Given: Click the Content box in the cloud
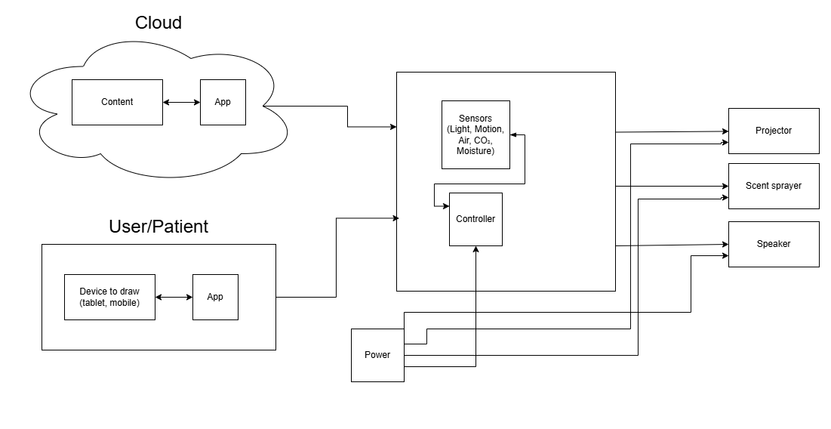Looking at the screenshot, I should coord(117,102).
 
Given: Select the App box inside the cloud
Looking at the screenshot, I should coord(223,102).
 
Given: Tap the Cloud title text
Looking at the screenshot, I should coord(159,23).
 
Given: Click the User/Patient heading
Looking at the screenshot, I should coord(159,226).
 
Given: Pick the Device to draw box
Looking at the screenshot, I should coord(109,297).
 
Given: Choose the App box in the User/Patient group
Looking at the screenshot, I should coord(215,297).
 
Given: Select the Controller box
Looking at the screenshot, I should coord(476,219).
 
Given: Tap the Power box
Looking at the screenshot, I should coord(377,355).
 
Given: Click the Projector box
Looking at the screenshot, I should coord(774,131).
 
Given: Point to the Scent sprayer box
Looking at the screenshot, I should coord(774,186).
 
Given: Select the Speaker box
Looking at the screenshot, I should coord(774,244).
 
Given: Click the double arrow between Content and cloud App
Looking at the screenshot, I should coord(181,102).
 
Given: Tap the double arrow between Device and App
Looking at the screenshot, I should coord(174,297).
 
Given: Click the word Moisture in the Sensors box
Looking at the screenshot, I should coord(476,151).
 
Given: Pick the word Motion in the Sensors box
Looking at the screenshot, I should coord(488,130).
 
